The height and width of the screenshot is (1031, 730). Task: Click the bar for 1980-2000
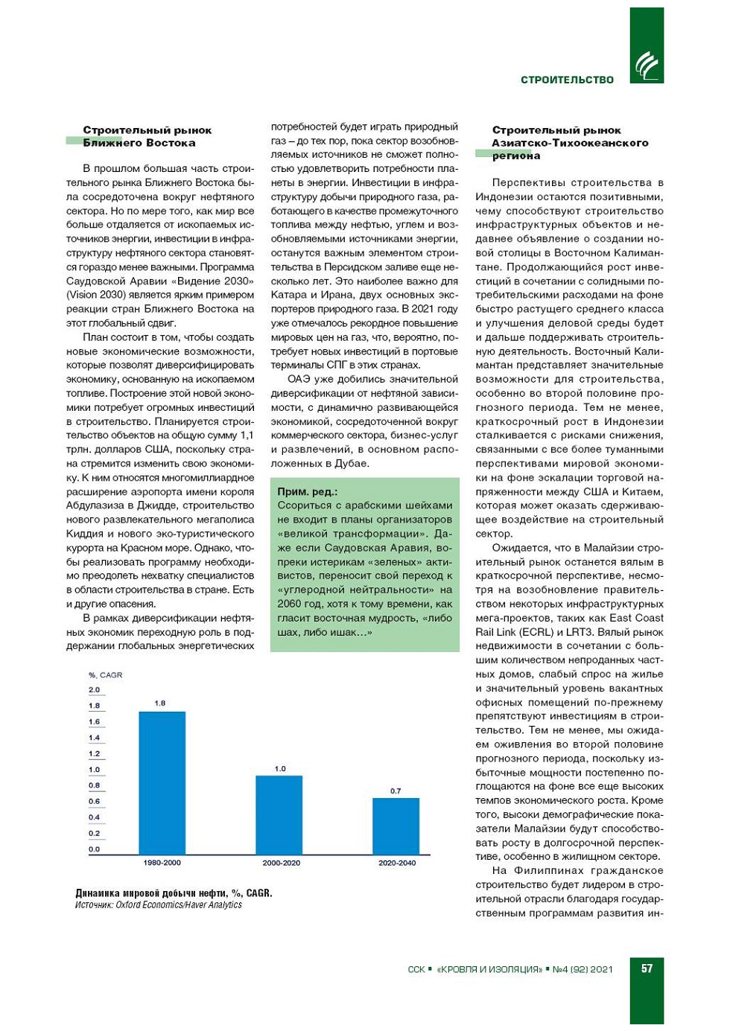[162, 782]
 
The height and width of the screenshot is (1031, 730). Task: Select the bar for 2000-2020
[279, 814]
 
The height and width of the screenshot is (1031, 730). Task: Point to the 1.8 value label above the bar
[160, 703]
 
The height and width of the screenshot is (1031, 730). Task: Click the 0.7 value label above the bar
[396, 791]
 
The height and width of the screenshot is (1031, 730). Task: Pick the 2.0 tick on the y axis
[94, 690]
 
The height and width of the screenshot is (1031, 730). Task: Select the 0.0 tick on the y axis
[94, 849]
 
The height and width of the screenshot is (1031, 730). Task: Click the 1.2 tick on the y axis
[94, 754]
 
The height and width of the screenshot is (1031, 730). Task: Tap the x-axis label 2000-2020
[281, 863]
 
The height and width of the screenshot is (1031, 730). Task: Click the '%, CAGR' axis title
[105, 675]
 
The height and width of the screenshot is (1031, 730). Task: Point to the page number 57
[647, 968]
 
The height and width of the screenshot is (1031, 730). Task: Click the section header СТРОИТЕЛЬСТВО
[567, 80]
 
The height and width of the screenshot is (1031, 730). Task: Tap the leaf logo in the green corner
[647, 66]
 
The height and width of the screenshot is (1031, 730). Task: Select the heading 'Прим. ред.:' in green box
[307, 491]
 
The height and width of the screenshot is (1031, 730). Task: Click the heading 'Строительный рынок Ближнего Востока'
[147, 136]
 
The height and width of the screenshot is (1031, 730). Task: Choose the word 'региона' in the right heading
[516, 156]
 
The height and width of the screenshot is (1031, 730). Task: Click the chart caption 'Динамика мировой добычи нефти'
[174, 893]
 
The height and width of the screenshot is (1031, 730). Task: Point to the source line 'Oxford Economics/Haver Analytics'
[179, 905]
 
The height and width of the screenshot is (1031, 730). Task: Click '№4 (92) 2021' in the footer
[583, 969]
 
